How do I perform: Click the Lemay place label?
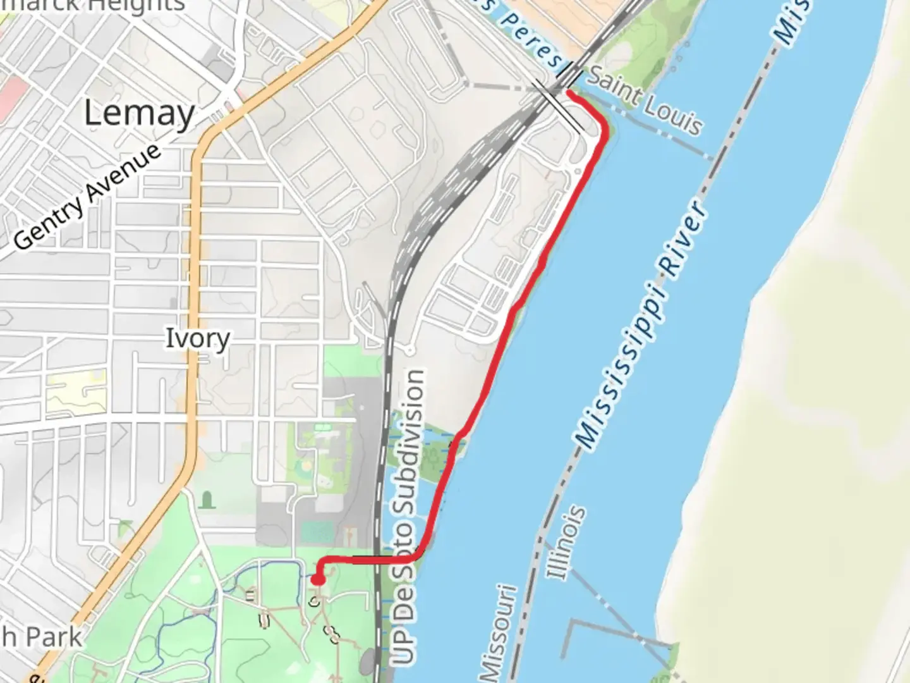pyautogui.click(x=139, y=114)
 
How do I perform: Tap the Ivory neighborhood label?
pyautogui.click(x=197, y=338)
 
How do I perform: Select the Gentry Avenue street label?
pyautogui.click(x=88, y=197)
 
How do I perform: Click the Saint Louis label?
pyautogui.click(x=645, y=103)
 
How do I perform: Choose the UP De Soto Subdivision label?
pyautogui.click(x=408, y=515)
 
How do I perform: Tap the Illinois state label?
pyautogui.click(x=566, y=542)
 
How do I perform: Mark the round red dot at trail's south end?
pyautogui.click(x=318, y=579)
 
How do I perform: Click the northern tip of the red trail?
pyautogui.click(x=570, y=93)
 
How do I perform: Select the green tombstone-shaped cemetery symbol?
pyautogui.click(x=206, y=500)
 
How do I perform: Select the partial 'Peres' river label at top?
pyautogui.click(x=534, y=38)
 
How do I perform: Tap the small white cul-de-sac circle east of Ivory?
pyautogui.click(x=409, y=349)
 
